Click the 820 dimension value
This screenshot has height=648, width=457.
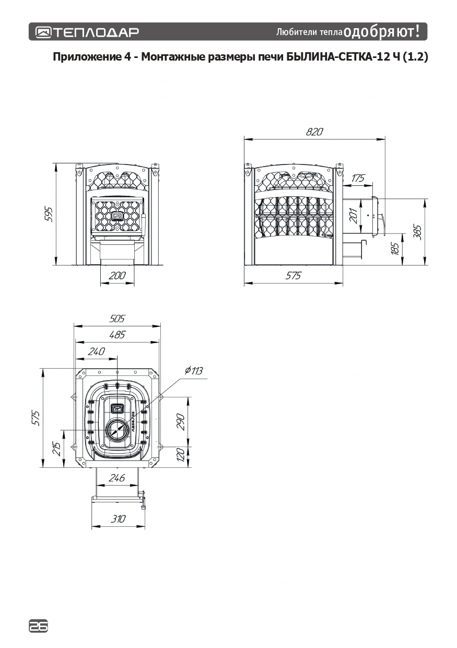pos(314,132)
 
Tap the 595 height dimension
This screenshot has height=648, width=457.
pos(49,215)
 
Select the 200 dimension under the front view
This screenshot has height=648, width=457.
pos(117,275)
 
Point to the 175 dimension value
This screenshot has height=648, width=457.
pos(358,178)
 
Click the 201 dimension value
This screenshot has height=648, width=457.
pos(354,216)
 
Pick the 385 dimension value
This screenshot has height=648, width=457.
pos(417,232)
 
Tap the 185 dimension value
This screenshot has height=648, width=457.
pos(395,249)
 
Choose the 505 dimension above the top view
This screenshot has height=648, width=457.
pos(117,319)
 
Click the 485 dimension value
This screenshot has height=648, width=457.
pos(117,335)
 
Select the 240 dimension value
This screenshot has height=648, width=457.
pos(97,351)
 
